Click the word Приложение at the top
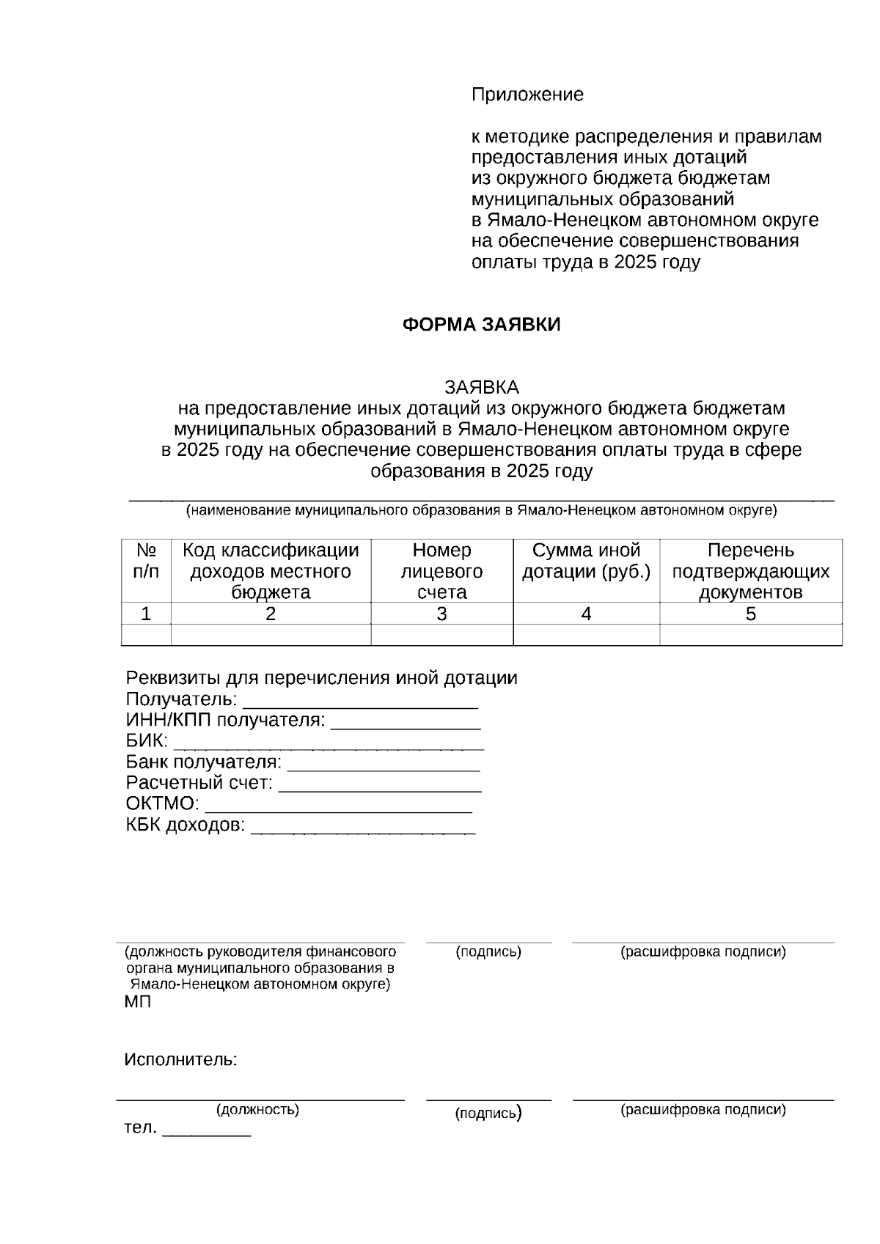point(527,95)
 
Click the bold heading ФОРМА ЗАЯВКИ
point(481,325)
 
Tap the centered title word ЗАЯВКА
point(481,387)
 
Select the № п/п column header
point(146,570)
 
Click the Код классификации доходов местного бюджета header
point(271,570)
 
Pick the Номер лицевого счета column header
point(441,570)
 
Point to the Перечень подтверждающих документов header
point(750,570)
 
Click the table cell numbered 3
point(441,614)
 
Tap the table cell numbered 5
point(750,614)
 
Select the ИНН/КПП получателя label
point(225,720)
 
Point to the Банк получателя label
point(203,762)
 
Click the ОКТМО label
point(162,803)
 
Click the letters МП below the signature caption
point(138,1002)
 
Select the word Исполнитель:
point(180,1059)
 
